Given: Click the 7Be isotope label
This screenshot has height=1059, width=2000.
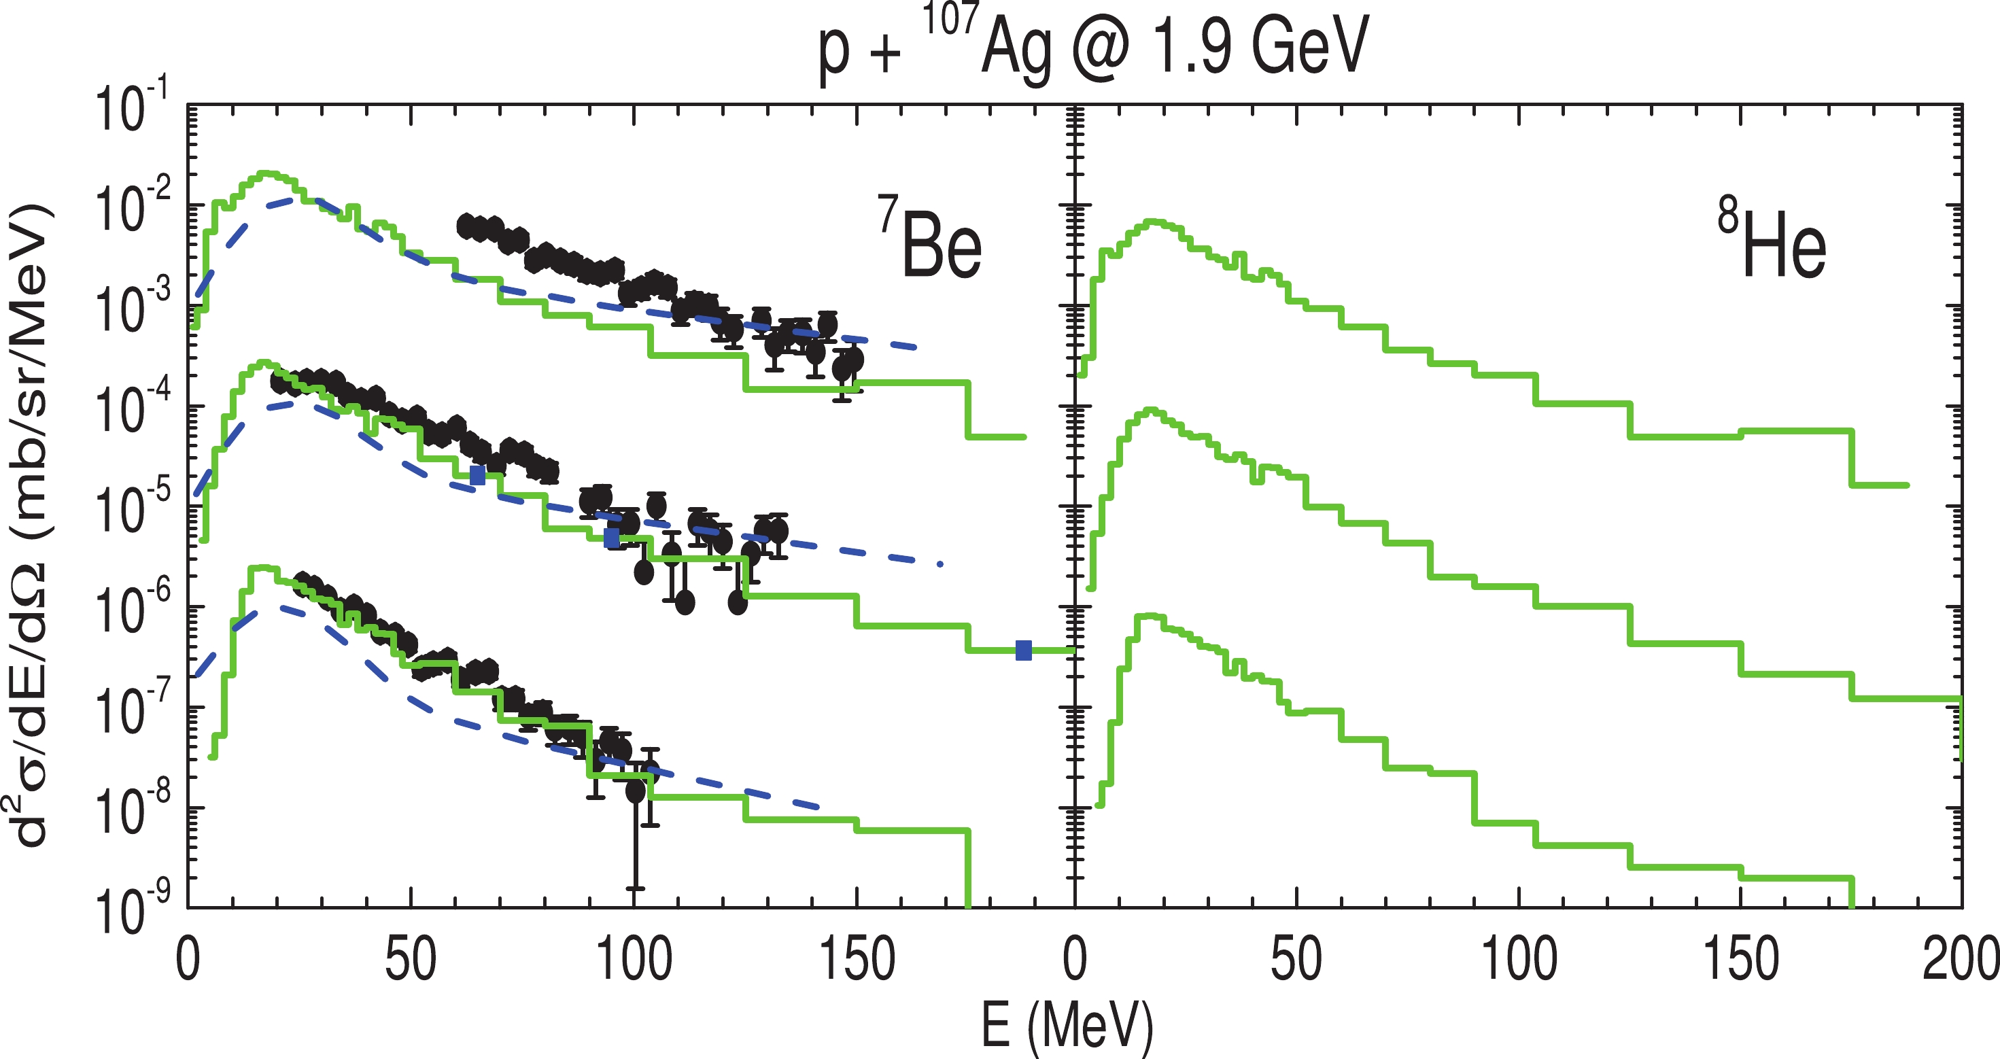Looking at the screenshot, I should click(931, 239).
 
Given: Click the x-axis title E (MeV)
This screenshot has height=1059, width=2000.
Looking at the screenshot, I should click(1067, 1025).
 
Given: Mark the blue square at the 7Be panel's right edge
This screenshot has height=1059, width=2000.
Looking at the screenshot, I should click(1024, 650).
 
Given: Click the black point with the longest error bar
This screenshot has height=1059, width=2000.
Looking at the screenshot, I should click(635, 791).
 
